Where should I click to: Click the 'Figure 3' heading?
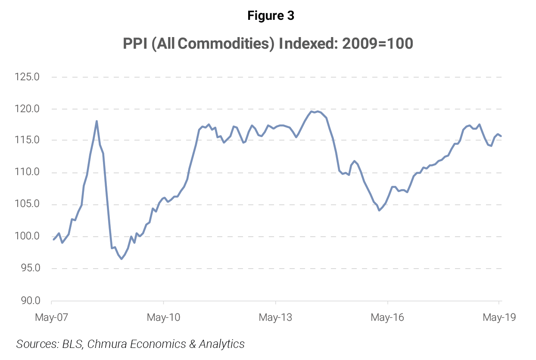pyautogui.click(x=271, y=16)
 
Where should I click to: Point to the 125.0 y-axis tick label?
pyautogui.click(x=27, y=78)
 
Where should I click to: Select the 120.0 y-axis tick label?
pyautogui.click(x=27, y=109)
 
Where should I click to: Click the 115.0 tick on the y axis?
pyautogui.click(x=27, y=141)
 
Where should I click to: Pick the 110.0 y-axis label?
pyautogui.click(x=27, y=172)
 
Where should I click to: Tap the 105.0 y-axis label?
pyautogui.click(x=27, y=204)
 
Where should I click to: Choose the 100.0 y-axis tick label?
pyautogui.click(x=27, y=236)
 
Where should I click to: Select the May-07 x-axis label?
pyautogui.click(x=51, y=318)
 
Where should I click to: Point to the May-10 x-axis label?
pyautogui.click(x=163, y=318)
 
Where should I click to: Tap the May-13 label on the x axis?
pyautogui.click(x=275, y=318)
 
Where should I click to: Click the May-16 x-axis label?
pyautogui.click(x=387, y=318)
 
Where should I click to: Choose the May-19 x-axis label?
pyautogui.click(x=499, y=318)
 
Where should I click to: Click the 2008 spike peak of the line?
pyautogui.click(x=97, y=121)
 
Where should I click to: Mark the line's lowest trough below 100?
pyautogui.click(x=122, y=259)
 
